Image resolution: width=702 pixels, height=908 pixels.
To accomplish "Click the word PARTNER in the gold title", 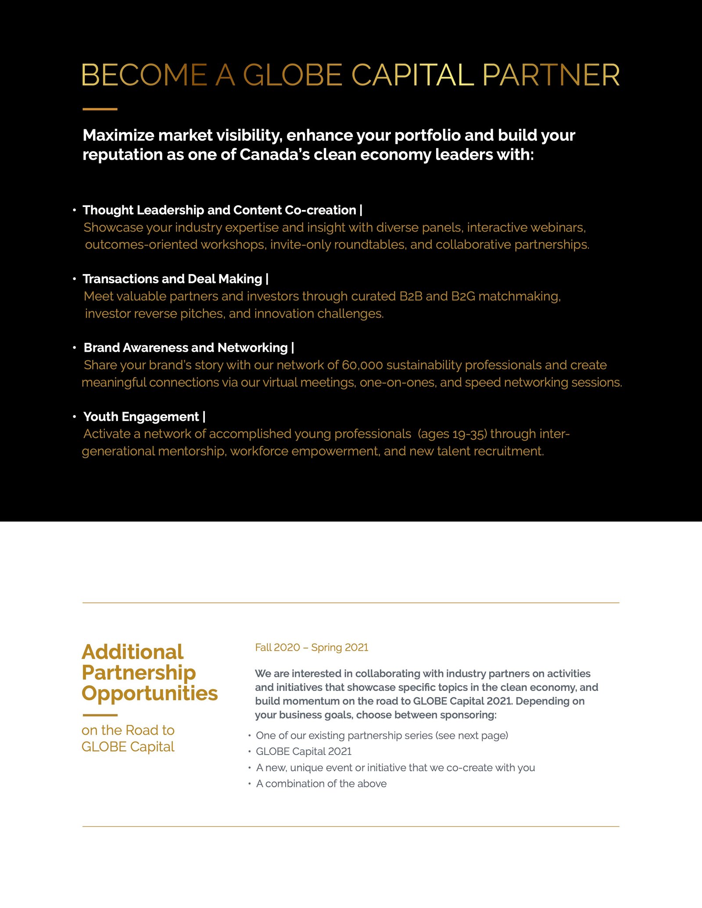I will (x=551, y=75).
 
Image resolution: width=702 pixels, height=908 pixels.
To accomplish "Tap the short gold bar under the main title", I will (x=100, y=109).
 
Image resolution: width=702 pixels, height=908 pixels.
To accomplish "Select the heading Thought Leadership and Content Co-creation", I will (x=219, y=210).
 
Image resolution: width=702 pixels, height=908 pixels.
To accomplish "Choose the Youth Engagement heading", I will (x=141, y=417).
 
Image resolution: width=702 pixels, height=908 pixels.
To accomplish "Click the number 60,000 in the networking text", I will (x=362, y=365).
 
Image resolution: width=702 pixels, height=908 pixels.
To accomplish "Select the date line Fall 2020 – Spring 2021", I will (x=312, y=647).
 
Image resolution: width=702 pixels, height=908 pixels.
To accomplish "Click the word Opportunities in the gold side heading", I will (x=150, y=693).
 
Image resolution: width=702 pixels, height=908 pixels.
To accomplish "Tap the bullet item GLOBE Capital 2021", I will (x=304, y=751).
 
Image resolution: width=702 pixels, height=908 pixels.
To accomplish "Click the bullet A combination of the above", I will (x=321, y=783).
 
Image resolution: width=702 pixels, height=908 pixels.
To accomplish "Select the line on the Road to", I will (x=128, y=730).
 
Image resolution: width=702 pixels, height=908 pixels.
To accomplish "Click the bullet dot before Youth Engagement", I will (x=75, y=416).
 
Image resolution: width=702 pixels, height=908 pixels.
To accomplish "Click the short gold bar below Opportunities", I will (x=100, y=715).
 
